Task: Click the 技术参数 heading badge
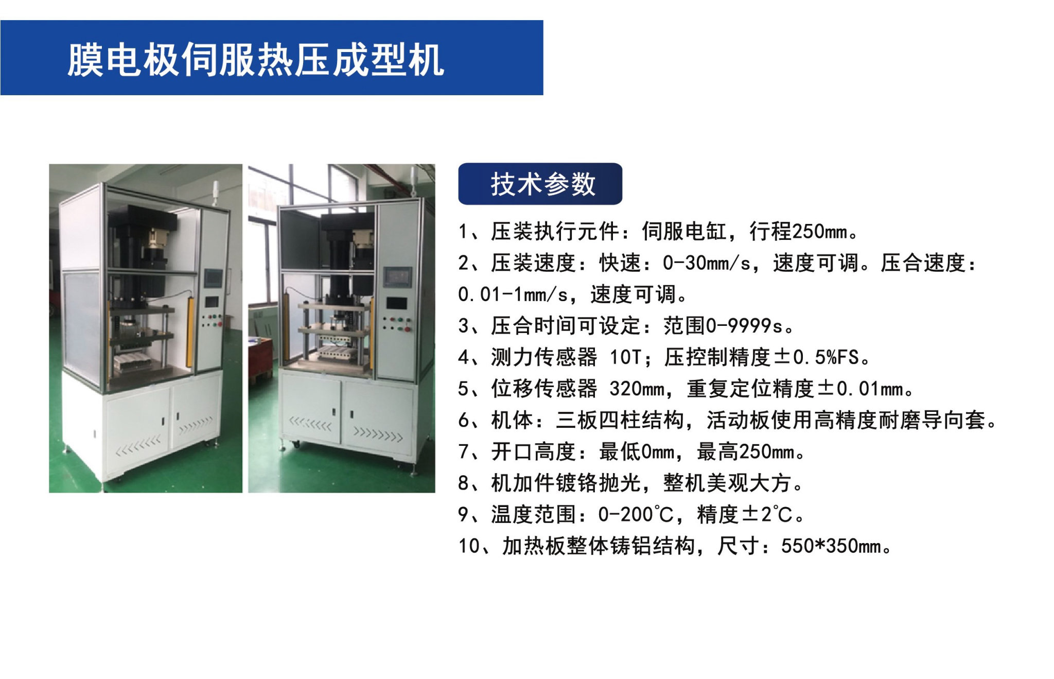540,184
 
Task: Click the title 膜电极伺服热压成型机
256,60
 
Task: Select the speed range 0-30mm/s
707,263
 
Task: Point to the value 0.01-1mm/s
513,294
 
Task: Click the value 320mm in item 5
637,389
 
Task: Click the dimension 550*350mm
831,546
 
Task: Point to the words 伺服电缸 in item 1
684,232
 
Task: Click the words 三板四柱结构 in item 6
620,420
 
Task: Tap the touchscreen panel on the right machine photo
397,277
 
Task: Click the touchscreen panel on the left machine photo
213,278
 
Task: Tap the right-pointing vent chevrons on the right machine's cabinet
377,436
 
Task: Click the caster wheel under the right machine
296,444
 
